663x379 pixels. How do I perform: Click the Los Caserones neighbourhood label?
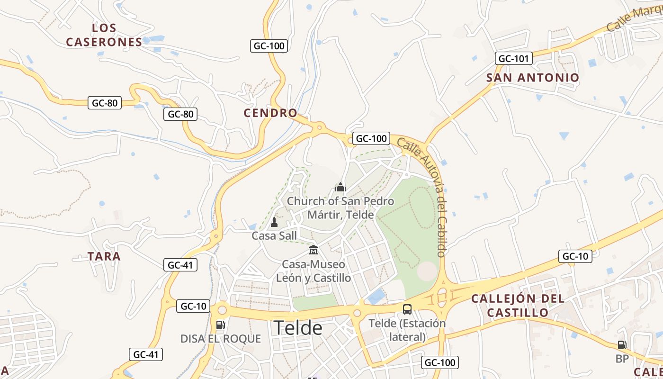click(104, 35)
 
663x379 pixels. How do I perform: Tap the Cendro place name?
click(270, 113)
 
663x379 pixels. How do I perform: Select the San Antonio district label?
click(533, 78)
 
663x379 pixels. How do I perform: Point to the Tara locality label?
click(104, 256)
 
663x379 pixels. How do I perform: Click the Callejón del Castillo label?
click(518, 306)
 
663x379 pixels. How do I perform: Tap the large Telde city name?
click(298, 328)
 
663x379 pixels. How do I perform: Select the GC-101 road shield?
click(514, 59)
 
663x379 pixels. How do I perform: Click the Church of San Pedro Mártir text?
click(340, 208)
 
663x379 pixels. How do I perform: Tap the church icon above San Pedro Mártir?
click(340, 187)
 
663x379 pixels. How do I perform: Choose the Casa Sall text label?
click(274, 235)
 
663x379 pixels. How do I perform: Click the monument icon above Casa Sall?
click(274, 222)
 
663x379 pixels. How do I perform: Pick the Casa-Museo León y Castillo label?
click(314, 271)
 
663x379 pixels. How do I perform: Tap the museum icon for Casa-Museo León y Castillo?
click(313, 250)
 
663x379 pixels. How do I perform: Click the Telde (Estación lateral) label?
click(407, 330)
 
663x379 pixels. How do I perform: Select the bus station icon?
click(407, 309)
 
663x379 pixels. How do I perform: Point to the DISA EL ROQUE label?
click(221, 339)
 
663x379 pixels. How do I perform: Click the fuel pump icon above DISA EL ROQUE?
click(220, 325)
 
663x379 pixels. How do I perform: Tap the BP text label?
click(622, 359)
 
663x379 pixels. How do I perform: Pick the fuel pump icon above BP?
click(622, 345)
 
